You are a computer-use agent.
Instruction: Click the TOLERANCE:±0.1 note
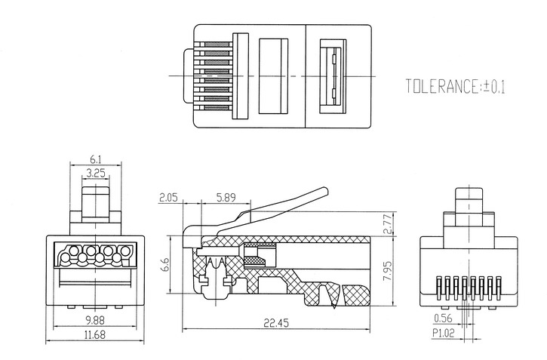(x=456, y=86)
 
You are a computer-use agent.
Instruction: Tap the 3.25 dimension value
(x=95, y=173)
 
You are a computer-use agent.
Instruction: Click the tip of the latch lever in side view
(x=327, y=191)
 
